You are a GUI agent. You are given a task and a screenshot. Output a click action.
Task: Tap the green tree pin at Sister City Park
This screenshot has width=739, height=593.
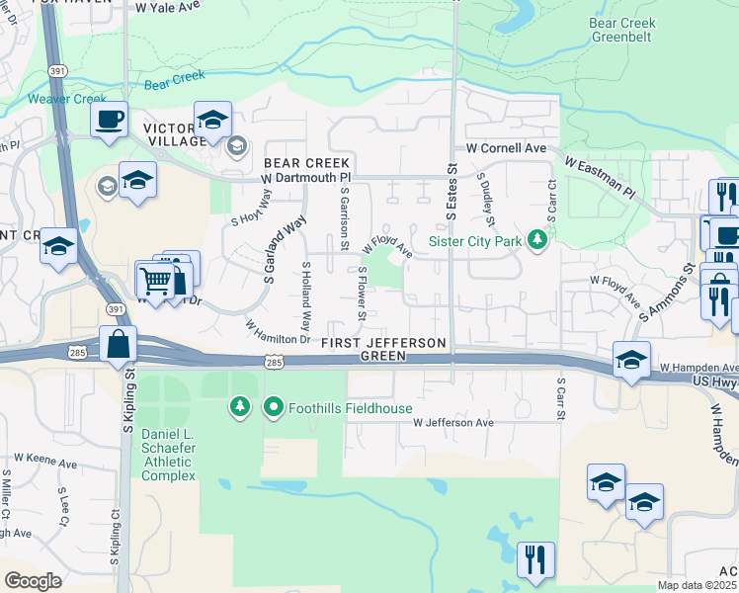pos(537,240)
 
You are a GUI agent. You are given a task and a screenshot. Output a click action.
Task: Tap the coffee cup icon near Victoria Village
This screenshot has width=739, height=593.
pos(109,121)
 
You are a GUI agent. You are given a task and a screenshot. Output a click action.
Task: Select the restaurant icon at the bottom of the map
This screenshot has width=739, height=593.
pos(534,558)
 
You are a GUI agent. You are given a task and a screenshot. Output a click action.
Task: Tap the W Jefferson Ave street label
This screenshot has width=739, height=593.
pos(452,422)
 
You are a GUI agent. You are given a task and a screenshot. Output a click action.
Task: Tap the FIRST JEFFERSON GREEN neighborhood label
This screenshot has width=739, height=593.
pos(384,348)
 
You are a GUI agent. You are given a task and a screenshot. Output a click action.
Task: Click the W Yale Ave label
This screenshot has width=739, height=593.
pos(168,7)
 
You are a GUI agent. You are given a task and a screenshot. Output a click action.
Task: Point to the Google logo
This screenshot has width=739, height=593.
pos(33,581)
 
